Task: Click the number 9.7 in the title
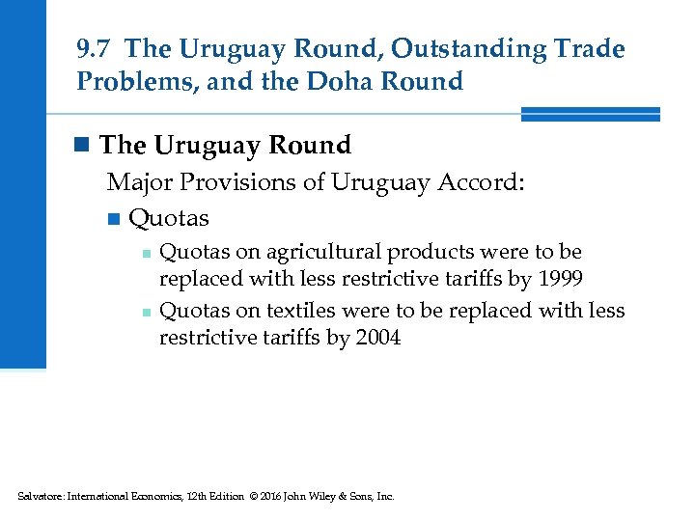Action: click(95, 48)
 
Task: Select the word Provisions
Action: click(236, 182)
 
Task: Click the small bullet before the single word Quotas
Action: click(115, 219)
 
